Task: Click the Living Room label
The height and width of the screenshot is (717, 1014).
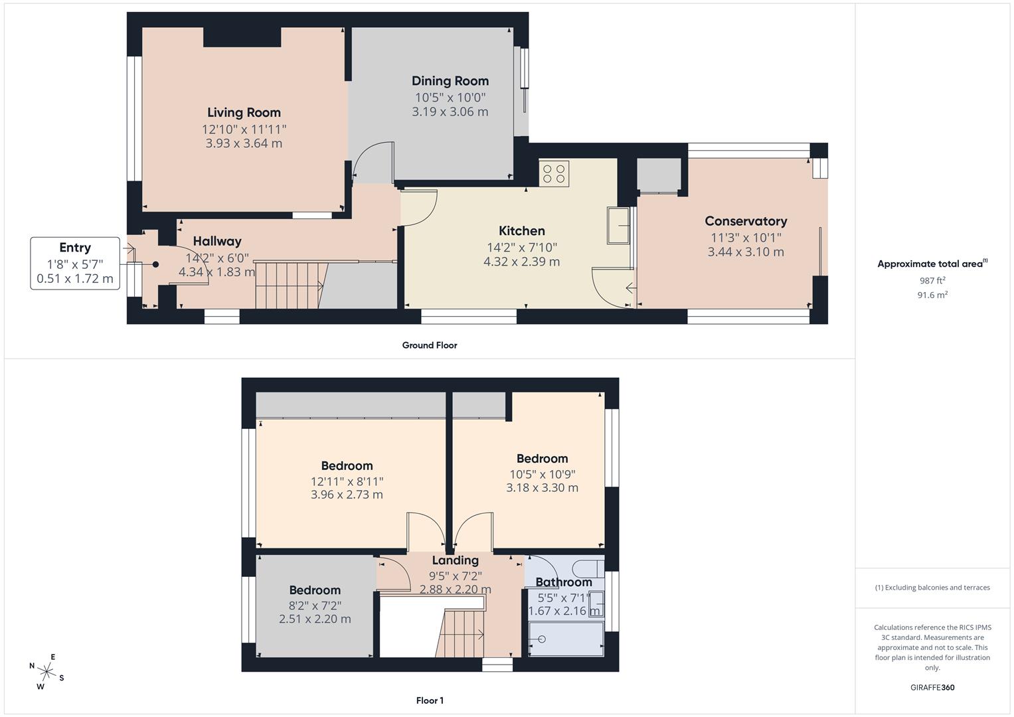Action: point(244,113)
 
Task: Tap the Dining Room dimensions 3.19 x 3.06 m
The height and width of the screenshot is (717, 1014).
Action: point(450,112)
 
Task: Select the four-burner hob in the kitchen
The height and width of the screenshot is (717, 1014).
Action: point(554,174)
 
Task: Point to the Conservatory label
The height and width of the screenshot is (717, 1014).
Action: point(746,221)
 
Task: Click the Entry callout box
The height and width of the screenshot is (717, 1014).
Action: point(75,263)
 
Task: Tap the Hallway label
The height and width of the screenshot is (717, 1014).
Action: point(217,241)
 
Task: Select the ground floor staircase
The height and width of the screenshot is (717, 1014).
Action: point(290,285)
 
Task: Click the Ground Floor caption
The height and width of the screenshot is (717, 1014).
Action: point(430,345)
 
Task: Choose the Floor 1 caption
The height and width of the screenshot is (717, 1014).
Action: point(430,700)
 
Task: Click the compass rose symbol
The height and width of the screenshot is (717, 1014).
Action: point(46,671)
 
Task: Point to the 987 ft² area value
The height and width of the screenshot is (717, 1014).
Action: point(932,281)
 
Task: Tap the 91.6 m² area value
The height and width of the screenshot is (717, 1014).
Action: point(932,295)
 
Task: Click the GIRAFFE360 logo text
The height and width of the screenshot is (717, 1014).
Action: point(932,687)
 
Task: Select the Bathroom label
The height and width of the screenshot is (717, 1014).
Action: point(564,582)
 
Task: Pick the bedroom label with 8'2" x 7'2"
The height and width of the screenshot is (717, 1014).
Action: point(315,590)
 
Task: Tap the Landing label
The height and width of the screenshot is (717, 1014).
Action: point(455,560)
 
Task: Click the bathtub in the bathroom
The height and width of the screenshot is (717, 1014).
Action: point(566,639)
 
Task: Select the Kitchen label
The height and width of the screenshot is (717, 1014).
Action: point(521,231)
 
